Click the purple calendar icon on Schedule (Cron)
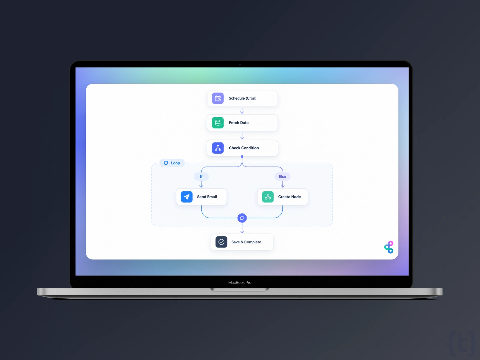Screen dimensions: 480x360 (217, 98)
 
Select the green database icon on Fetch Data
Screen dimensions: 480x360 (217, 123)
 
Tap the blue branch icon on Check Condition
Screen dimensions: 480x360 (217, 148)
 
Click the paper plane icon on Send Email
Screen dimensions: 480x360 (187, 197)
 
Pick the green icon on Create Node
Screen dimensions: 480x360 (268, 197)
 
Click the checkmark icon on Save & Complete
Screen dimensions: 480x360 (221, 242)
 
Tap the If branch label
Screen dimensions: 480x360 (201, 176)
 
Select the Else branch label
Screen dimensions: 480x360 (282, 176)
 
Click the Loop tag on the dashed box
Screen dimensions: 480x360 (172, 163)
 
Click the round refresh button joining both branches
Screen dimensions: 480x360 (242, 218)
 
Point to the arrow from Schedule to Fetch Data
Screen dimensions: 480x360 (242, 110)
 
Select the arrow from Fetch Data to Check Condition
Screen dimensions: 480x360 (242, 135)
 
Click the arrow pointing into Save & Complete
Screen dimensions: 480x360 (242, 228)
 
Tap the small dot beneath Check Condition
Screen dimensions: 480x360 (242, 157)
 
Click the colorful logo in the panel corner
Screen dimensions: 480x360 (389, 247)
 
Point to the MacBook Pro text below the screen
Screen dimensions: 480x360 (240, 282)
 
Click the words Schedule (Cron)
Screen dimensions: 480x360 (242, 98)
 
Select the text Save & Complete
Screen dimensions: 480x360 (246, 242)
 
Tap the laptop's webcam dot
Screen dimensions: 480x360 (240, 65)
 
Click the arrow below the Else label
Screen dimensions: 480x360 (283, 184)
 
